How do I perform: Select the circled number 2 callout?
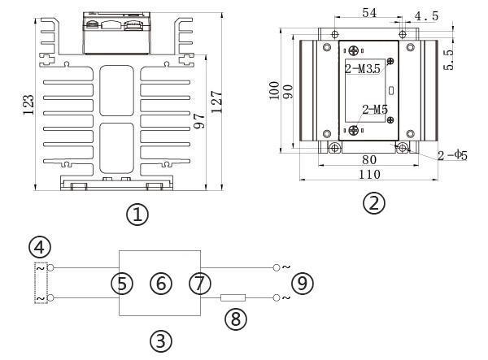(373, 202)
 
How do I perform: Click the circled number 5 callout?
(124, 283)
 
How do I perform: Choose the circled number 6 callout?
(162, 283)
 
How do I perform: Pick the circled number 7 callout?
(198, 283)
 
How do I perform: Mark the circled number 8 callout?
(235, 319)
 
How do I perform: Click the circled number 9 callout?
(303, 283)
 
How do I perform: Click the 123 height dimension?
(28, 103)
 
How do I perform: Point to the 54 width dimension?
(368, 14)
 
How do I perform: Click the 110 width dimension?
(368, 174)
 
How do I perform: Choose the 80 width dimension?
(368, 160)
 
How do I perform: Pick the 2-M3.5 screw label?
(363, 70)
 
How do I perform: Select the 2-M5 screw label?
(375, 110)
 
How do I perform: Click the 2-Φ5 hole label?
(452, 154)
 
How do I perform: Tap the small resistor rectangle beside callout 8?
(233, 298)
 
